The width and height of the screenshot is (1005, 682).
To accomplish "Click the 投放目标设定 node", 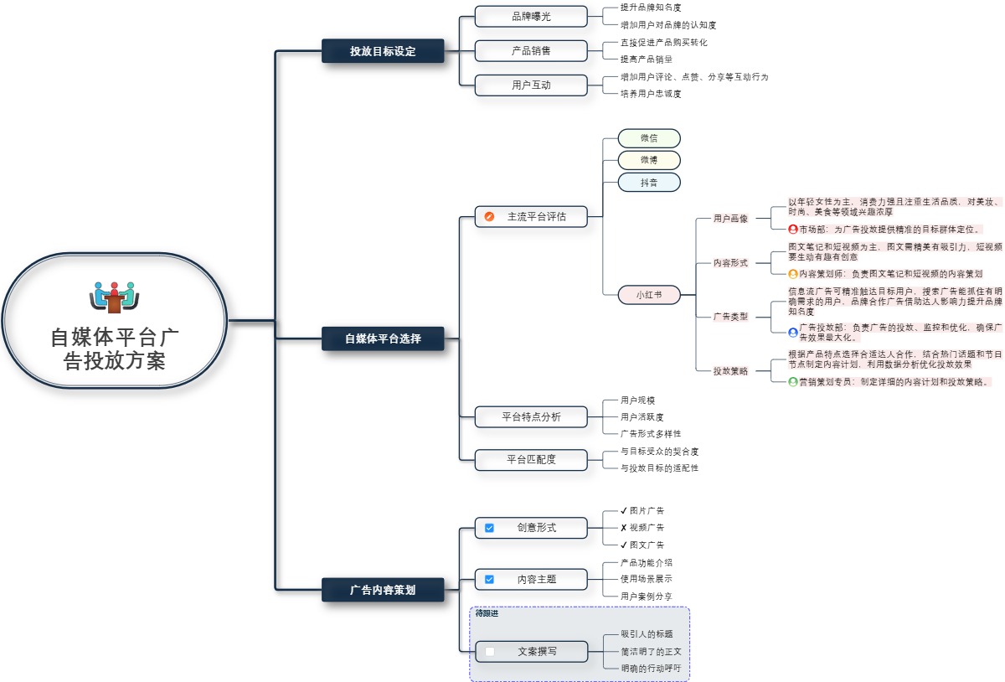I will [x=383, y=51].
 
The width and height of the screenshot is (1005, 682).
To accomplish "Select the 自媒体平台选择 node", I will [x=383, y=338].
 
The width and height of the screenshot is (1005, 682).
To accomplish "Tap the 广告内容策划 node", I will [x=383, y=590].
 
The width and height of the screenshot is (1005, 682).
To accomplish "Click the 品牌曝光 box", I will [x=531, y=17].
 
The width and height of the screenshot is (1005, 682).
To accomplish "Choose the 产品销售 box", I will [x=531, y=50].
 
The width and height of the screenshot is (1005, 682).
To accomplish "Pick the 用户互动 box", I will [x=531, y=85].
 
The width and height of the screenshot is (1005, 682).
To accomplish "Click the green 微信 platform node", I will [x=649, y=138].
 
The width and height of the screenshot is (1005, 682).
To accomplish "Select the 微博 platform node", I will [x=649, y=160].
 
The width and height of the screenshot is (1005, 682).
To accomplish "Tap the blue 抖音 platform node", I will [x=649, y=182].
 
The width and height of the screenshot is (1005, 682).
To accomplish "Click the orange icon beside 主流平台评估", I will [x=490, y=217].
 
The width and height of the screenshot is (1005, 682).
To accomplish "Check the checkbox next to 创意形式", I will [x=490, y=528].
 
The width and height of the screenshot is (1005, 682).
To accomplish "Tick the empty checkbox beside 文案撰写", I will [x=490, y=651].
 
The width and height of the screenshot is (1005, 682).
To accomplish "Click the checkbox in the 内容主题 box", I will [x=490, y=579].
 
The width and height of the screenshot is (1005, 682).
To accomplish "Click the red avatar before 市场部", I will [x=793, y=229].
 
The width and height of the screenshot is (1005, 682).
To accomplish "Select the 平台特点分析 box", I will [x=531, y=416].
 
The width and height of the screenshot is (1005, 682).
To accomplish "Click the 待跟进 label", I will [x=487, y=614].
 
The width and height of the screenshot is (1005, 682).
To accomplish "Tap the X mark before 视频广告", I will [x=624, y=528].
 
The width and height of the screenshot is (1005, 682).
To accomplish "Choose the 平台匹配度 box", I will [x=531, y=459].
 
